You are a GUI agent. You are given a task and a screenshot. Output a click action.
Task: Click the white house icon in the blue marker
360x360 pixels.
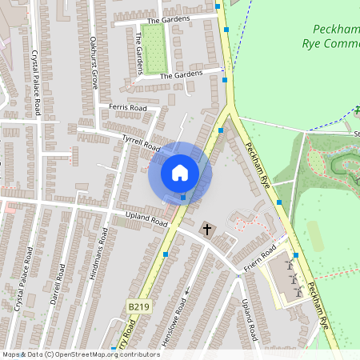[180, 172]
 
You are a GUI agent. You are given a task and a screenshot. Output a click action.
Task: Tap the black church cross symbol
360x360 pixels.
[207, 230]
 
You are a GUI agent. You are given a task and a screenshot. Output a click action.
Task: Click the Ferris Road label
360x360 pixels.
[128, 108]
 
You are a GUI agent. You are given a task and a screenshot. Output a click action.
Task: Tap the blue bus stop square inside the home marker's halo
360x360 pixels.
[183, 196]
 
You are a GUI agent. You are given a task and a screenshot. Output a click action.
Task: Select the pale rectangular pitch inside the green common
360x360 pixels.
[316, 234]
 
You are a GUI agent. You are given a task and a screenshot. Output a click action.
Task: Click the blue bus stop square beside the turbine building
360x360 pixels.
[295, 255]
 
